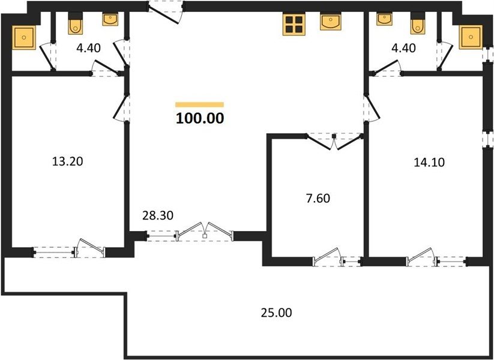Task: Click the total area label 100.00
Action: (x=200, y=118)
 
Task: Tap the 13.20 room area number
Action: (x=67, y=161)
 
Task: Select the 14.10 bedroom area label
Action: (x=429, y=162)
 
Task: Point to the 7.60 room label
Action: (x=318, y=199)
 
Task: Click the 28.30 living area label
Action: (x=158, y=215)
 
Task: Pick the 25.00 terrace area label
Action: (x=276, y=313)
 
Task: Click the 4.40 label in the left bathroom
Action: (x=88, y=48)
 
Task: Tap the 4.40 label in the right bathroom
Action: (x=403, y=48)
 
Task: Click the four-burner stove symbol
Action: (x=294, y=25)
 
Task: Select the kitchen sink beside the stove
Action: (x=331, y=22)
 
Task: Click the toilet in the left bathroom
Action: (x=76, y=23)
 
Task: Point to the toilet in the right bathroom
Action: (x=418, y=23)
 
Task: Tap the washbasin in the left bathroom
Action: (x=110, y=19)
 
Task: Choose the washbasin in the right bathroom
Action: (x=384, y=19)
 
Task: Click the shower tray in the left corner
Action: (x=24, y=37)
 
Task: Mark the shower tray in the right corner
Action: (x=471, y=37)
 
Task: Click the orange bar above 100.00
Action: (x=200, y=104)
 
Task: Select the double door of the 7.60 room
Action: (x=334, y=142)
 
